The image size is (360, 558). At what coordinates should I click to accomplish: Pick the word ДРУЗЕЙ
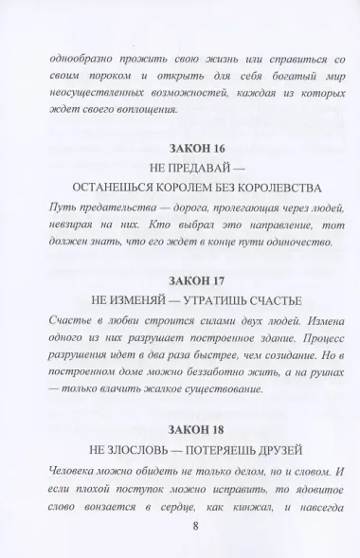289,438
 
